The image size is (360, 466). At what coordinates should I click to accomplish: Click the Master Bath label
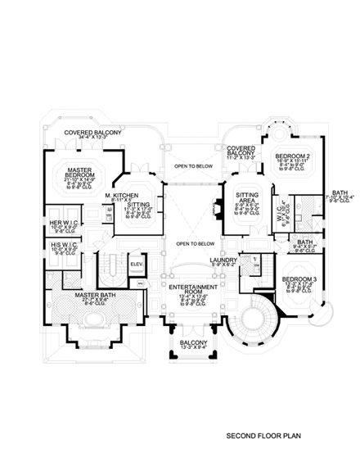click(91, 295)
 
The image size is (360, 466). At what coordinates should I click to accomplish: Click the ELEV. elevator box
click(137, 265)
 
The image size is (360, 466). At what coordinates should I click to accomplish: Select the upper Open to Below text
click(193, 166)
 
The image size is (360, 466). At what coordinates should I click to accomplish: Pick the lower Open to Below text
click(195, 243)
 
